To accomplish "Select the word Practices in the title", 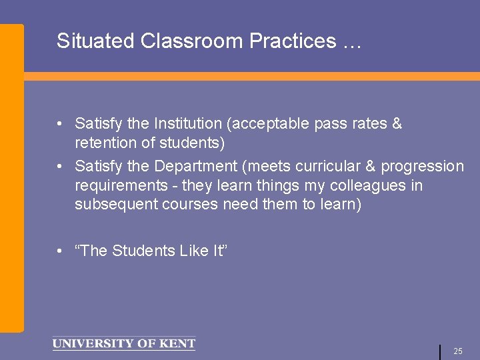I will [292, 41].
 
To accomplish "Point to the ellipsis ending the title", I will [351, 43].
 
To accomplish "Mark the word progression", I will [422, 166].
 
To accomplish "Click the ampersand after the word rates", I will [397, 124].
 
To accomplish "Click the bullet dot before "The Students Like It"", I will [60, 251].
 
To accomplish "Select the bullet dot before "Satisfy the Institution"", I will [60, 124].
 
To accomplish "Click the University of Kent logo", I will [123, 344].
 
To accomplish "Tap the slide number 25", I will [458, 351].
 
